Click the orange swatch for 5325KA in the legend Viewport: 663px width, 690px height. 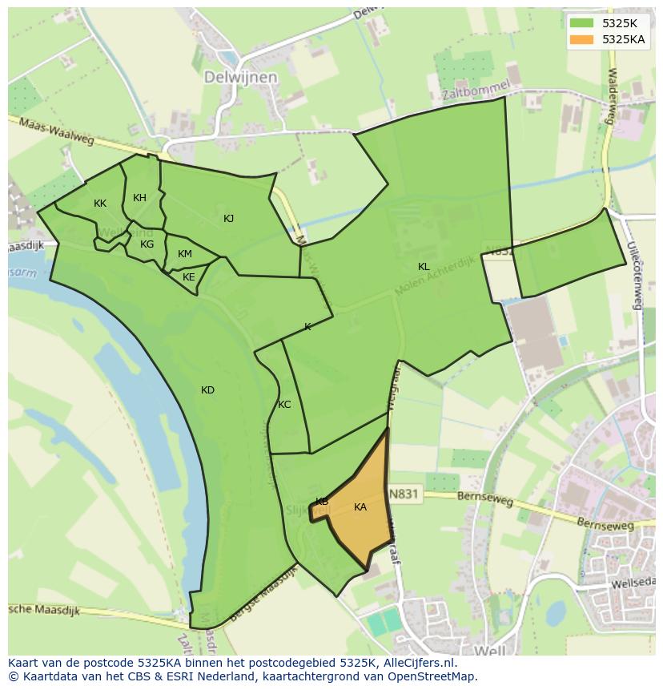point(583,39)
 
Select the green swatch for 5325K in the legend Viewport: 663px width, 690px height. point(583,22)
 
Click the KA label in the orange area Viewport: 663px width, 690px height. point(360,507)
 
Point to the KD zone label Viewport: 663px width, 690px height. point(208,390)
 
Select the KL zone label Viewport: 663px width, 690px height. point(424,267)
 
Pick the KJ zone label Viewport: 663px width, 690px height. point(229,219)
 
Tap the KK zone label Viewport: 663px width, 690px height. point(100,204)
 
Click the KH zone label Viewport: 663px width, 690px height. point(140,198)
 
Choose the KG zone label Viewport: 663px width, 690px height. point(147,244)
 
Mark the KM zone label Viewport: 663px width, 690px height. point(185,254)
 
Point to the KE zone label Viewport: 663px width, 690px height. point(189,277)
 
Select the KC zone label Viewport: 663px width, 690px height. point(284,405)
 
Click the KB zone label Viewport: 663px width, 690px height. point(322,502)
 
